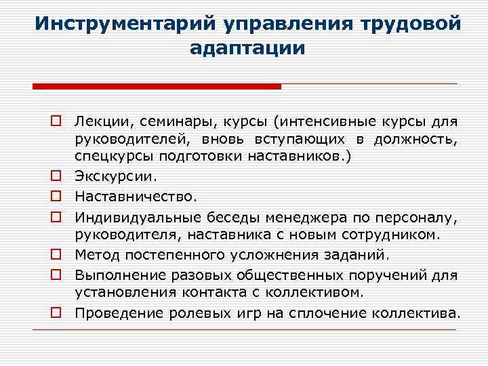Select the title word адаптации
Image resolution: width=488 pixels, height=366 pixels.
tap(248, 49)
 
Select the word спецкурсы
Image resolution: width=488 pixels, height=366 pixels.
tap(114, 158)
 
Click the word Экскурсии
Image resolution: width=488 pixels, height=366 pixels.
tap(115, 177)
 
